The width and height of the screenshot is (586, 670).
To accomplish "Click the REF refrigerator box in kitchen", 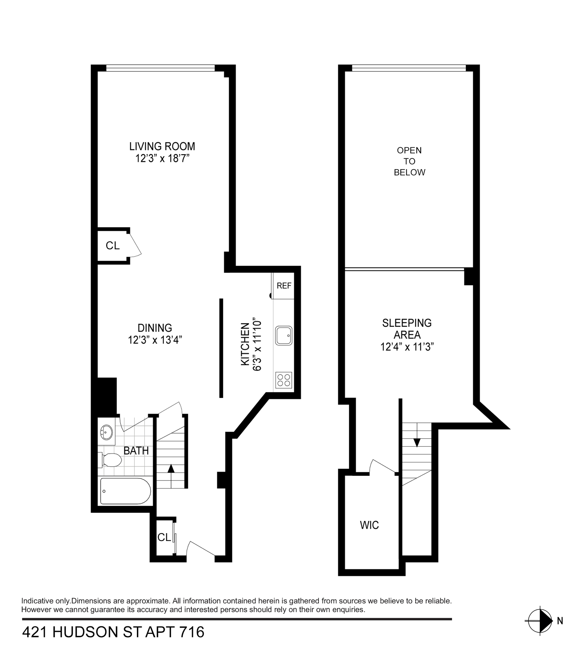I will click(283, 286).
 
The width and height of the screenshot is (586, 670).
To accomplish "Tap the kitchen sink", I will click(283, 335).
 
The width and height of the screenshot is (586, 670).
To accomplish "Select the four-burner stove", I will click(283, 380).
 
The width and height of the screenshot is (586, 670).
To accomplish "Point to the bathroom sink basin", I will click(106, 432).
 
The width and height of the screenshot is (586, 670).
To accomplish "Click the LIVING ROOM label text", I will click(162, 146).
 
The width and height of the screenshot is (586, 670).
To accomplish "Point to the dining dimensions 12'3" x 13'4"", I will click(155, 340).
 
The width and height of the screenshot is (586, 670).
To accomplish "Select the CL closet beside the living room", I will click(113, 245).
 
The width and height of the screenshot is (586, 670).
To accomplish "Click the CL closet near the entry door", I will click(164, 537).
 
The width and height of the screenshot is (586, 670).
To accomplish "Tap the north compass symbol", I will click(540, 621).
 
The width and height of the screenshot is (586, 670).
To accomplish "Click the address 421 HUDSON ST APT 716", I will click(113, 632).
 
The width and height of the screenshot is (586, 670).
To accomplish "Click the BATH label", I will click(136, 451).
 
